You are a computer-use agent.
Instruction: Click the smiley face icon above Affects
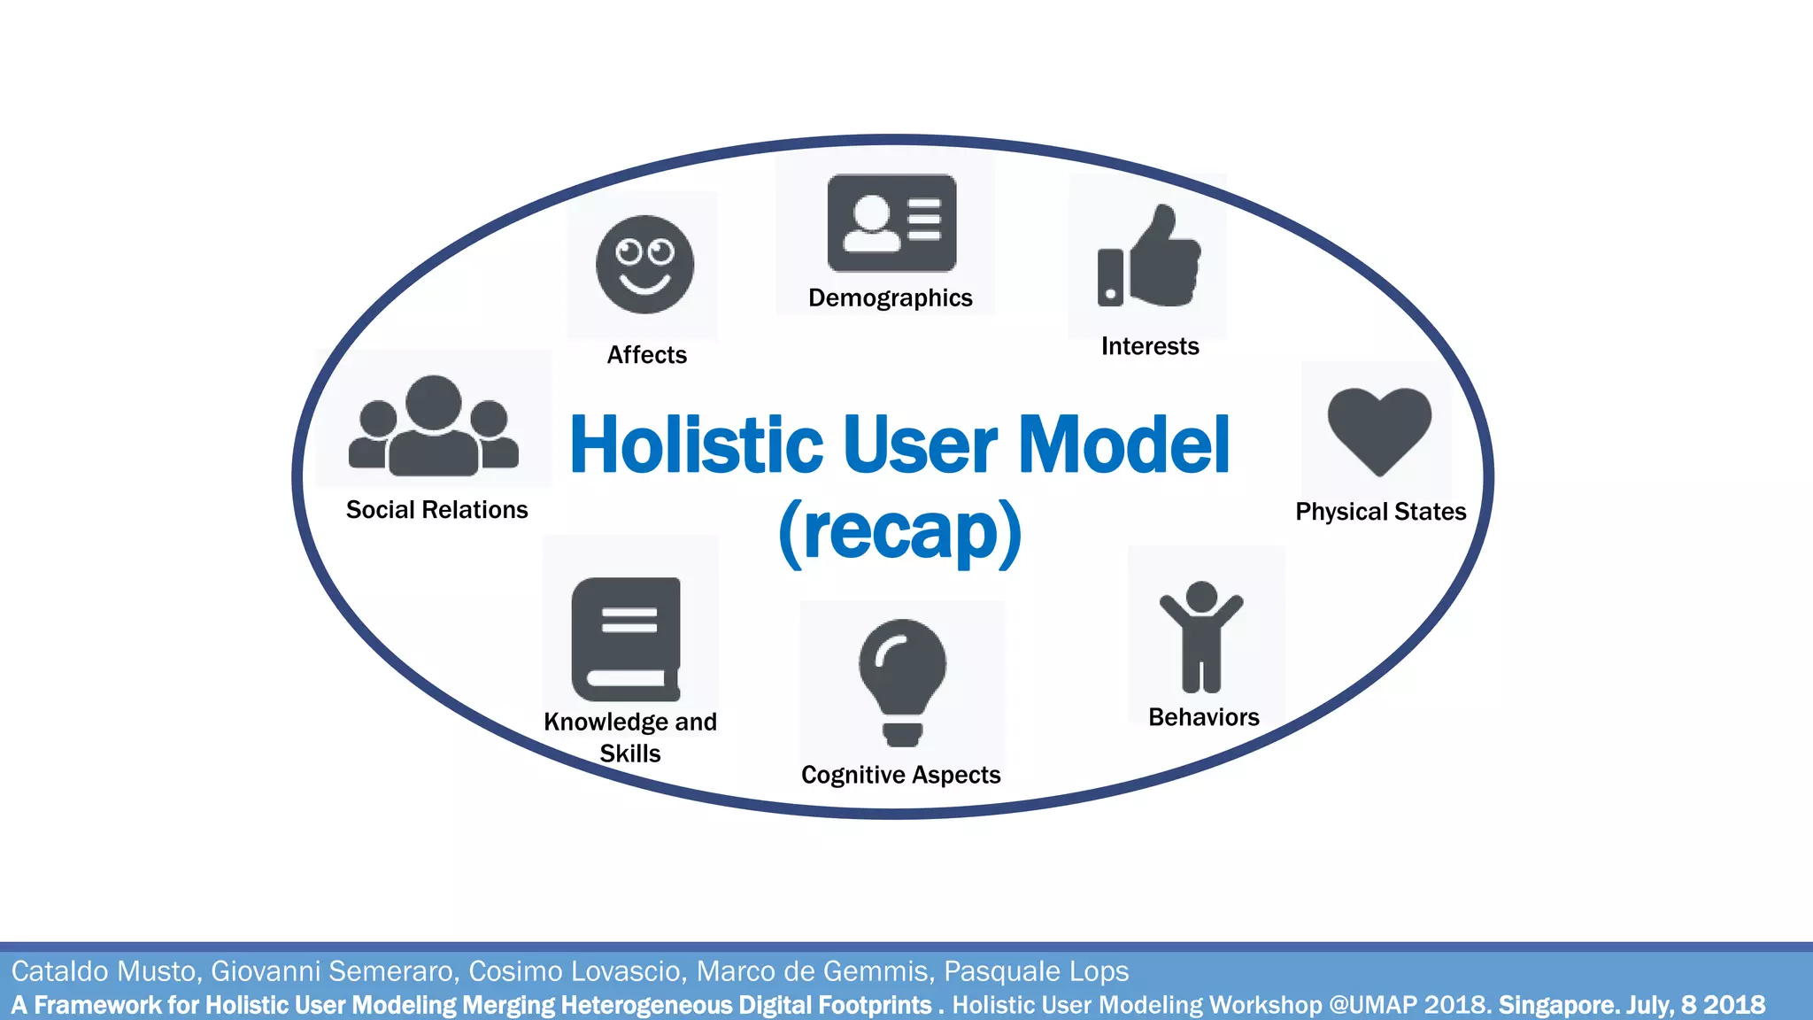(644, 264)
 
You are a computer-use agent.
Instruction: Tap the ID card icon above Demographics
(891, 223)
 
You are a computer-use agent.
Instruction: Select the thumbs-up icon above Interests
(1149, 258)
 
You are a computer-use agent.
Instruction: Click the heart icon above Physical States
(1379, 429)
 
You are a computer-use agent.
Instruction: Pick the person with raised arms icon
(1201, 636)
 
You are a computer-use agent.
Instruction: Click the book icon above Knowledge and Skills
(627, 639)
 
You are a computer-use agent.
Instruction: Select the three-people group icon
(434, 427)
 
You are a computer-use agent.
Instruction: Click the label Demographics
(890, 298)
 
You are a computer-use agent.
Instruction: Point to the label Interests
(1150, 346)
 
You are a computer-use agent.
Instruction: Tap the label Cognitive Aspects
(900, 775)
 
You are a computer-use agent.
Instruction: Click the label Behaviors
(1203, 717)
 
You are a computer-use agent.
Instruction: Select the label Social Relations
(436, 510)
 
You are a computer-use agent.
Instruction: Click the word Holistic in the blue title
(697, 445)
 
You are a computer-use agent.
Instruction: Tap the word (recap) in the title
(899, 531)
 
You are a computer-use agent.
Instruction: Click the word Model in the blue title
(1123, 445)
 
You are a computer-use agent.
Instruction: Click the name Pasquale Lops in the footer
(1036, 971)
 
